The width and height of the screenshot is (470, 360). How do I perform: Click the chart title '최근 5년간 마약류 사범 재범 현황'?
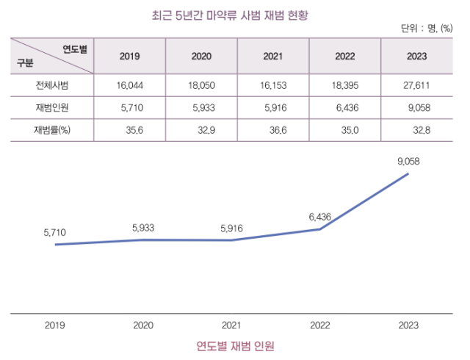pos(235,12)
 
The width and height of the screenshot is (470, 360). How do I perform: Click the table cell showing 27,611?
pos(416,86)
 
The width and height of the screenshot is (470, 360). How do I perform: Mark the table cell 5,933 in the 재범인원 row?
pos(203,108)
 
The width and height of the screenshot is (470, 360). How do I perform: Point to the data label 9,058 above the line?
pos(408,160)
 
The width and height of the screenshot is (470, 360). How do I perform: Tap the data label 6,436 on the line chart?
pos(320,217)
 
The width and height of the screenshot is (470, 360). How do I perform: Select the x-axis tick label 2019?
pos(54,324)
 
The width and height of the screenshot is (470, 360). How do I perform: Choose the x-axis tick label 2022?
pos(320,324)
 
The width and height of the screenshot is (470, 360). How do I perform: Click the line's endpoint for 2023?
pos(408,174)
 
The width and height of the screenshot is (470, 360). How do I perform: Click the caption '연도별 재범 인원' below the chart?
pos(235,345)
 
